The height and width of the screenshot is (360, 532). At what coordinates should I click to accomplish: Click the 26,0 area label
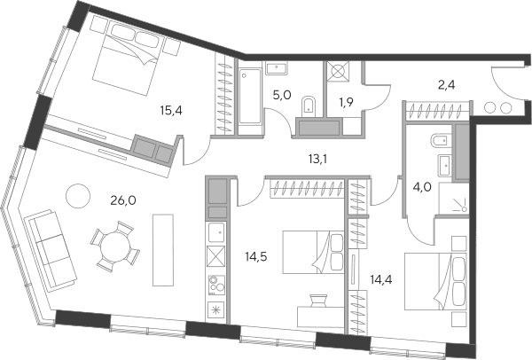point(123,200)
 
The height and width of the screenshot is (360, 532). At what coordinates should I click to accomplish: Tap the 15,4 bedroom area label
point(171,110)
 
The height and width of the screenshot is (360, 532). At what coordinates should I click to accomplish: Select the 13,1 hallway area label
point(317,159)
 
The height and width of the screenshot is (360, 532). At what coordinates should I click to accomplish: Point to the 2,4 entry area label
point(447,85)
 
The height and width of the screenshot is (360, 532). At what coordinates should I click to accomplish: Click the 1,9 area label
point(345,102)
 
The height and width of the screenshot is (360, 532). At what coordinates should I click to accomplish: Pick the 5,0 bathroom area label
point(282,95)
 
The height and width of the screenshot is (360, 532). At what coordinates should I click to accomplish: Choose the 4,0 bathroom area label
point(422,186)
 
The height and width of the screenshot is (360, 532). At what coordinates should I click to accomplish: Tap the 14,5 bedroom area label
point(256,256)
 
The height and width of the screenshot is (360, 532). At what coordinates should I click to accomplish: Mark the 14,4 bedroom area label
point(381,279)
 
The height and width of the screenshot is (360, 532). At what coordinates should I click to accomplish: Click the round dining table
point(115,246)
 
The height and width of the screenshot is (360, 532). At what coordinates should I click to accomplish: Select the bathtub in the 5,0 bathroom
point(250,96)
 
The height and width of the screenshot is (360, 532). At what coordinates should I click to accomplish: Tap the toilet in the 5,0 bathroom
point(309,105)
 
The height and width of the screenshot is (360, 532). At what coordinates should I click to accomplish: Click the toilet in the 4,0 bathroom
point(441,139)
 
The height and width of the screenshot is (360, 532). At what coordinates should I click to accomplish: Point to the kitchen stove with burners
point(216,285)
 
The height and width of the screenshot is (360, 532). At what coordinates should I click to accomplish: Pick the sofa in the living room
point(51,249)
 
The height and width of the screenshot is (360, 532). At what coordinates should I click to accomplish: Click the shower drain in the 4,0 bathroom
point(464,209)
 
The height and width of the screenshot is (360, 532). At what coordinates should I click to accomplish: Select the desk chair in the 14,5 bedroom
point(318,301)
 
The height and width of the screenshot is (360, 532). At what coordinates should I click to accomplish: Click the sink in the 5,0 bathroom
point(277,68)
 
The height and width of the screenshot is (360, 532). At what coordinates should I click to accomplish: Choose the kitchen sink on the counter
point(216,232)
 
